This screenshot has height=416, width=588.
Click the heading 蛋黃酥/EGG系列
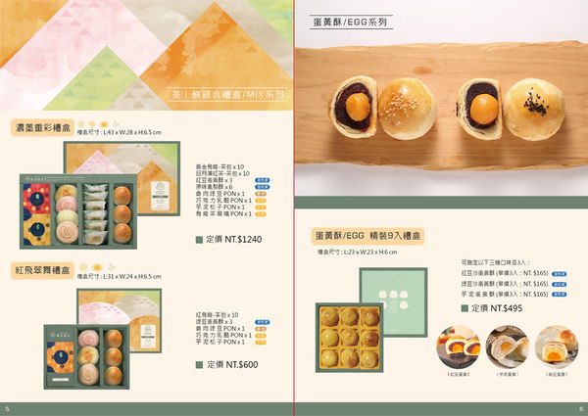(349, 20)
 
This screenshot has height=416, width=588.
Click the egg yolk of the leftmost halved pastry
(364, 101)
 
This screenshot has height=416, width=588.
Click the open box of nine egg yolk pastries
(350, 336)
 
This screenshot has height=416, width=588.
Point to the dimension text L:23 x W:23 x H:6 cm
(359, 253)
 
